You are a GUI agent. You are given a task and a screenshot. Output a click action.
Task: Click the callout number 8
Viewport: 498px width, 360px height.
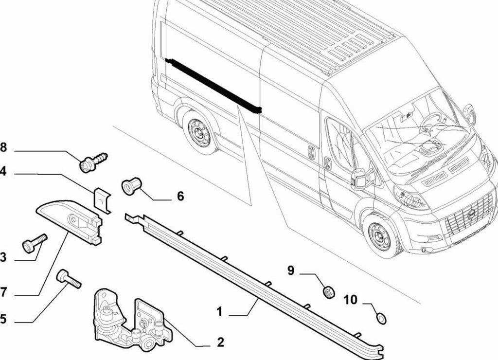point(3,147)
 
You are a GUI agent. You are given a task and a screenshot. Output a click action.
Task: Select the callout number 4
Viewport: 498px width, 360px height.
point(3,172)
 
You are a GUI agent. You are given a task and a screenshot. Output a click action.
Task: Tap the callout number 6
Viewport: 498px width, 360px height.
point(180,196)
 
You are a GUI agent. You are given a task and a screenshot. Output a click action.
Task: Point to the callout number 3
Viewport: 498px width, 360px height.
point(3,258)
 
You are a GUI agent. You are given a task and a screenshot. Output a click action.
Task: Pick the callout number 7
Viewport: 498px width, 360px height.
point(3,292)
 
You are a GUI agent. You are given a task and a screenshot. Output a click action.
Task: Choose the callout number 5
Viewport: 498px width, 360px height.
point(3,319)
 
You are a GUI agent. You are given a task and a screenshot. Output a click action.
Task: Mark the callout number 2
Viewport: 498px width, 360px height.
point(220,342)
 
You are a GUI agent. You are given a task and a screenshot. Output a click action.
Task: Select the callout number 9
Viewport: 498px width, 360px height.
point(291,270)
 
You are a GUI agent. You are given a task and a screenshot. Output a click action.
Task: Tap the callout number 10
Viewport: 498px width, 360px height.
point(350,300)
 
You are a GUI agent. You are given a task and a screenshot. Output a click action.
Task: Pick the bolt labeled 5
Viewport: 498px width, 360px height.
point(69,279)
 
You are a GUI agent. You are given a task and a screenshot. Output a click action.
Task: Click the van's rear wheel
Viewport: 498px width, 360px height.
point(199,132)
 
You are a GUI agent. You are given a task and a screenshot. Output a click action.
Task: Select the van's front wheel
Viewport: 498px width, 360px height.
point(380,236)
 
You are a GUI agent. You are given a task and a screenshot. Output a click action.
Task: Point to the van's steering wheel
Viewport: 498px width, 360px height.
point(430,119)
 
